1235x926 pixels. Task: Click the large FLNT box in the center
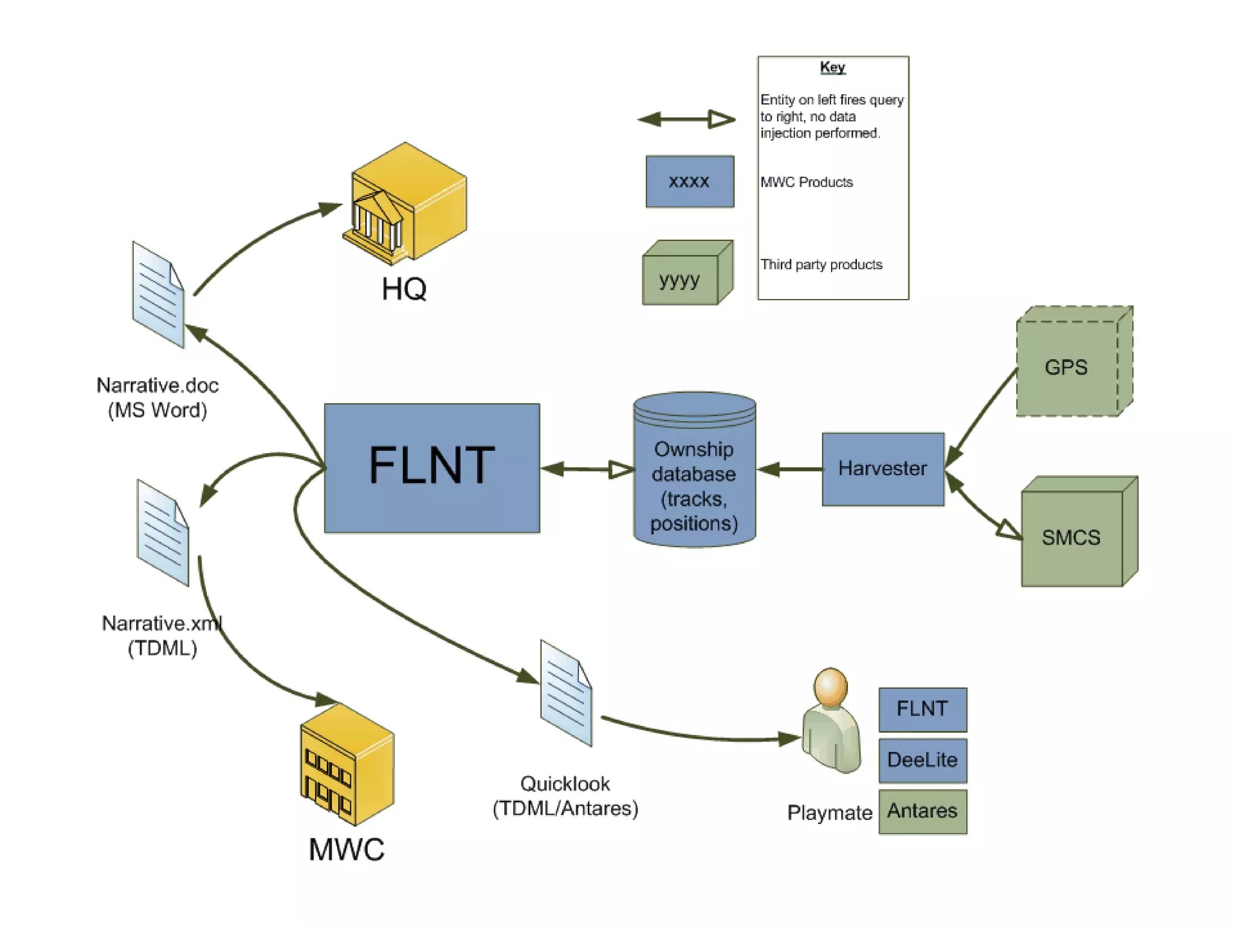[x=432, y=468]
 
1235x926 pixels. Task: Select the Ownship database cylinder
[x=694, y=470]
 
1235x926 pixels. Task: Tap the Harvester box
[x=883, y=469]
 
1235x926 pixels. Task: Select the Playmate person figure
[x=831, y=721]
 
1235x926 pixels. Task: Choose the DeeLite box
[x=922, y=760]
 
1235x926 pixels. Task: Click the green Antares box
[x=922, y=811]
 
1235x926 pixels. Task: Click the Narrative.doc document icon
[x=158, y=295]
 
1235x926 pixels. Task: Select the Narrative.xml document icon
[x=163, y=533]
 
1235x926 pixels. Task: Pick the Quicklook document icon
[x=566, y=693]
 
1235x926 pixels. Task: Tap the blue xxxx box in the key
[x=689, y=181]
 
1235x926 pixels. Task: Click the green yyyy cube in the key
[x=686, y=274]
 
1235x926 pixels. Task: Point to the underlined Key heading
[x=832, y=67]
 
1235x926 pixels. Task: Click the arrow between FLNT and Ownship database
[x=587, y=469]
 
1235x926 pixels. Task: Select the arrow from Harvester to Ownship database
[x=789, y=469]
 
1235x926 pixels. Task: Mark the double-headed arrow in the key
[x=686, y=119]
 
